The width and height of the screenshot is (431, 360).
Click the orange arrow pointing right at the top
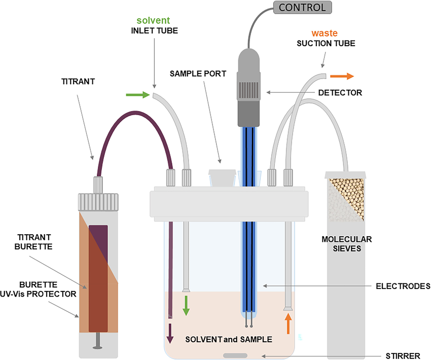point(342,77)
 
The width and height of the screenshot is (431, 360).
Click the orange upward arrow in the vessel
point(288,323)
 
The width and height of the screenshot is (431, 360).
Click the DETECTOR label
point(340,93)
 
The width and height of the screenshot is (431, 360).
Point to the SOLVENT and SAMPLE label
point(229,339)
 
